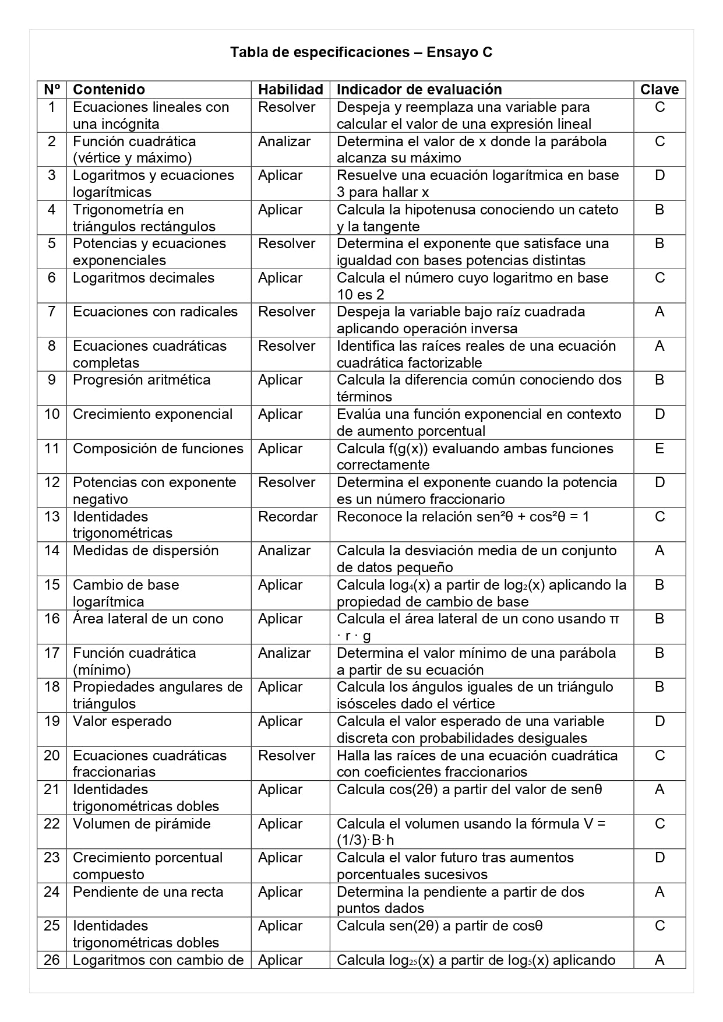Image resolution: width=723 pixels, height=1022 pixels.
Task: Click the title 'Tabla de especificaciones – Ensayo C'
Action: (361, 52)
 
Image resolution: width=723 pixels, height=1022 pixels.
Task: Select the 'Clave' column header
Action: (659, 89)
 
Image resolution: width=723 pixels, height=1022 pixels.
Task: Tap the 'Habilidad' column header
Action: (290, 89)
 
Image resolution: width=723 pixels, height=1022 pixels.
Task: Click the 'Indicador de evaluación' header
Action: (419, 89)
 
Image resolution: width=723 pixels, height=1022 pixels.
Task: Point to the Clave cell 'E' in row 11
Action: (659, 448)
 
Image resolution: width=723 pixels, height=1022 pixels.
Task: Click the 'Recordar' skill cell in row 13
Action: (288, 517)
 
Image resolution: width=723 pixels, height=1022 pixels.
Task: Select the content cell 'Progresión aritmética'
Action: (142, 380)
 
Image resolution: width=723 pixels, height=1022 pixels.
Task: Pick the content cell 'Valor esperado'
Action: (122, 721)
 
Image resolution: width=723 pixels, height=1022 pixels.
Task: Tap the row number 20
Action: (52, 756)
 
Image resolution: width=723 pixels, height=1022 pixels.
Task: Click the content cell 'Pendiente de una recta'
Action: (148, 892)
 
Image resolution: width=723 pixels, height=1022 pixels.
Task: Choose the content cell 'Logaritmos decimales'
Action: (143, 278)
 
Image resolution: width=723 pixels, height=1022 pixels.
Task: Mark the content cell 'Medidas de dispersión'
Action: (146, 551)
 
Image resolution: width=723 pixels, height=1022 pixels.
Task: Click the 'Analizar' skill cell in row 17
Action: (284, 653)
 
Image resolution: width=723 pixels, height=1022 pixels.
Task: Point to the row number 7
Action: (52, 312)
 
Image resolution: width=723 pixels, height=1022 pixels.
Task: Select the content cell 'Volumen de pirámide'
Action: (142, 824)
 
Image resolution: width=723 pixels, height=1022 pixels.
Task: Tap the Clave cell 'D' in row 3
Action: (659, 175)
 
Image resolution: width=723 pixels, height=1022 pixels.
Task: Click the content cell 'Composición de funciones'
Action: (158, 449)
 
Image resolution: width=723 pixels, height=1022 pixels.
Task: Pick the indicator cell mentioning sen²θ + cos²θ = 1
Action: (463, 517)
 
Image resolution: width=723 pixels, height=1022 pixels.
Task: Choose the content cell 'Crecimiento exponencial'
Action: (153, 414)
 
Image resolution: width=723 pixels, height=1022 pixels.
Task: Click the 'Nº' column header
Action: (52, 89)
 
